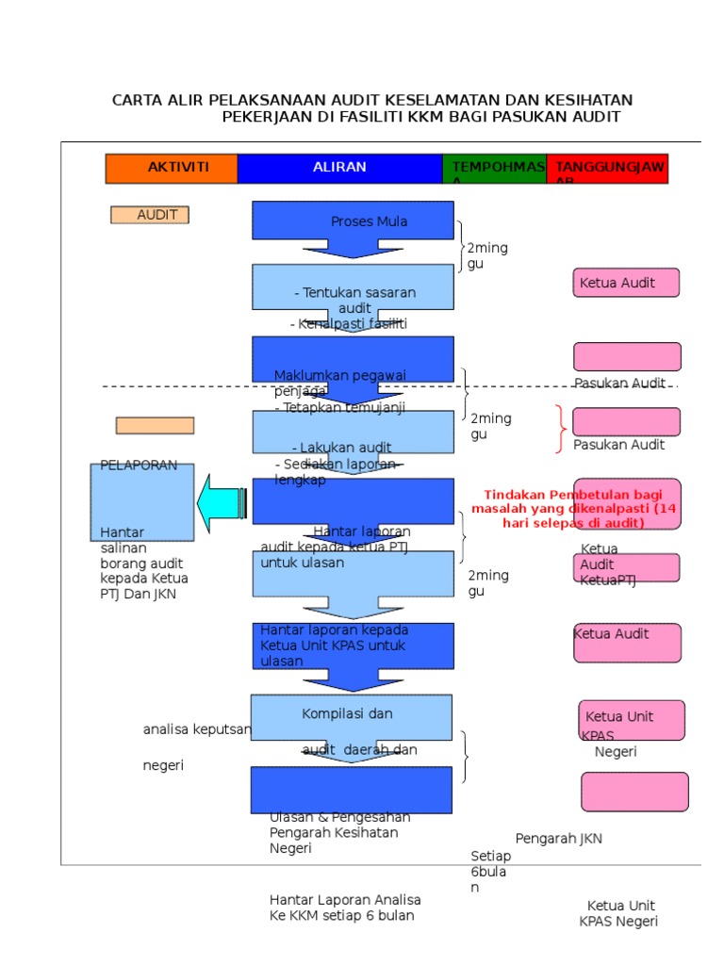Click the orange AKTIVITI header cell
coord(171,168)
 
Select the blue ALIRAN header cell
coord(339,168)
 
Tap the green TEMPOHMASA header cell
coord(494,168)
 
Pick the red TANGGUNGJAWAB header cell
coord(607,168)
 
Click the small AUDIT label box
coord(150,215)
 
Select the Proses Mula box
coord(353,221)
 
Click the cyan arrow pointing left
coord(222,503)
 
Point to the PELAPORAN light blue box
coord(142,501)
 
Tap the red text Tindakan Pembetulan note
coord(573,508)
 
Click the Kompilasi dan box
coord(351,717)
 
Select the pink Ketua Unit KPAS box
coord(631,720)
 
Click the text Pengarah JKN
coord(558,839)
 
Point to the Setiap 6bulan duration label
coord(490,872)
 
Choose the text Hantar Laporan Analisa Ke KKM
coord(345,908)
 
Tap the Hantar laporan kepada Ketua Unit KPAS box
coord(353,646)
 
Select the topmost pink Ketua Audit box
coord(626,283)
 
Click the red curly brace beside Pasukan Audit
coord(561,429)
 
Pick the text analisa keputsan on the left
coord(197,729)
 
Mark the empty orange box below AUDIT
coord(155,425)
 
